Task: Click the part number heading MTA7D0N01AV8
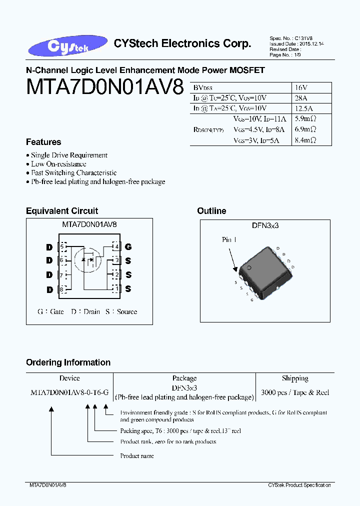point(105,86)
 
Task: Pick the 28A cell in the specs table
point(301,97)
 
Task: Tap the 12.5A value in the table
point(304,108)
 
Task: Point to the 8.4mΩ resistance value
point(306,140)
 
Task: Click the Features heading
point(43,142)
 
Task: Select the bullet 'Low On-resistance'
point(58,164)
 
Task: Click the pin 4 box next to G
point(116,246)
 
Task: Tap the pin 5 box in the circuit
point(62,246)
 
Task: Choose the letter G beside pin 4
point(128,246)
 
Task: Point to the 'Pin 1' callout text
point(229,240)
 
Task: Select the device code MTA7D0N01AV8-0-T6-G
point(69,393)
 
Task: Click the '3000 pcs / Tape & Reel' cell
point(295,393)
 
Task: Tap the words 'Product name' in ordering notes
point(137,456)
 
